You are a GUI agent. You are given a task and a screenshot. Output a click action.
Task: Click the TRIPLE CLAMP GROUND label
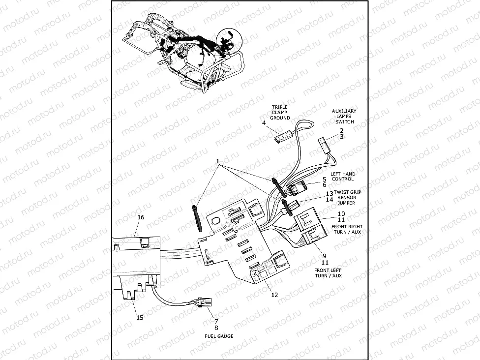pos(280,112)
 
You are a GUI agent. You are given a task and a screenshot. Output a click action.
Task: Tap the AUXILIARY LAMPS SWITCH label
pos(344,116)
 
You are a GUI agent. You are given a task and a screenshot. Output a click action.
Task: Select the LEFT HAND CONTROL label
pos(343,176)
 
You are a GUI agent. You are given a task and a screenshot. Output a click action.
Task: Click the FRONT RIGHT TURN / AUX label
pos(346,229)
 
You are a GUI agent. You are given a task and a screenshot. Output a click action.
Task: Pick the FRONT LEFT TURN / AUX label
pos(328,273)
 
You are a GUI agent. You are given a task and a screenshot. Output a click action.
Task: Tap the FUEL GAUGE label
pos(219,336)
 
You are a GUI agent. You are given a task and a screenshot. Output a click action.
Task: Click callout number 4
pos(264,122)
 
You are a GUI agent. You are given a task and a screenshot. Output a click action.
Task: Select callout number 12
pos(274,295)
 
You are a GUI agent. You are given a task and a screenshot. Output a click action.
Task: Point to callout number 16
pos(141,217)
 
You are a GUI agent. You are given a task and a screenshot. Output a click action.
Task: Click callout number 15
pos(140,317)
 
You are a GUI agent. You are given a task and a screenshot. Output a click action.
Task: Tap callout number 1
pos(217,161)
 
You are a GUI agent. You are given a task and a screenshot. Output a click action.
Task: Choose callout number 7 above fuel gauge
pos(216,321)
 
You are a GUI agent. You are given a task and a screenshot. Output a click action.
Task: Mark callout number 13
pos(330,193)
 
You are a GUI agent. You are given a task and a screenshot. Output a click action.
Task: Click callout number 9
pos(325,256)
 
